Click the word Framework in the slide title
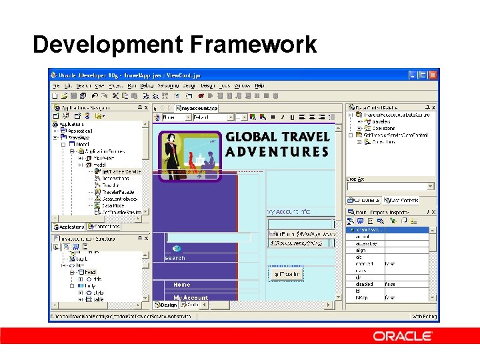coord(253,45)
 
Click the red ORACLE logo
coord(402,336)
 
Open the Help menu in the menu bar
coord(259,85)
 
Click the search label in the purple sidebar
coord(175,258)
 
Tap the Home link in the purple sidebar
coord(181,285)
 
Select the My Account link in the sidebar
coord(191,297)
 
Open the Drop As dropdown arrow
coord(430,187)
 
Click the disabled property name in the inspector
coord(364,284)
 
